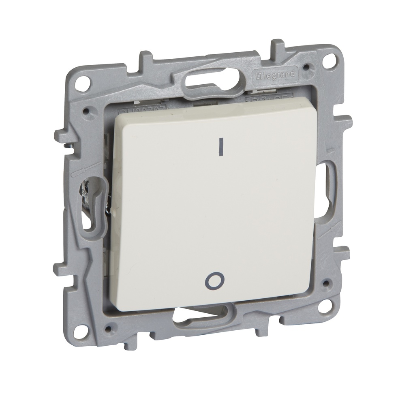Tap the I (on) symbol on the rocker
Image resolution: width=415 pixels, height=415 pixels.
[221, 147]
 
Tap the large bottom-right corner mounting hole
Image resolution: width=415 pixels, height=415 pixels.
[323, 306]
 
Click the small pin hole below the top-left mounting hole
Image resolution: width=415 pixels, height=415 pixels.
[86, 109]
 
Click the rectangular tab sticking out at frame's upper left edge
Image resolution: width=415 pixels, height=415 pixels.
[60, 136]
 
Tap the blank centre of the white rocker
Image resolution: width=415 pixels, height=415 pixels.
[215, 211]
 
